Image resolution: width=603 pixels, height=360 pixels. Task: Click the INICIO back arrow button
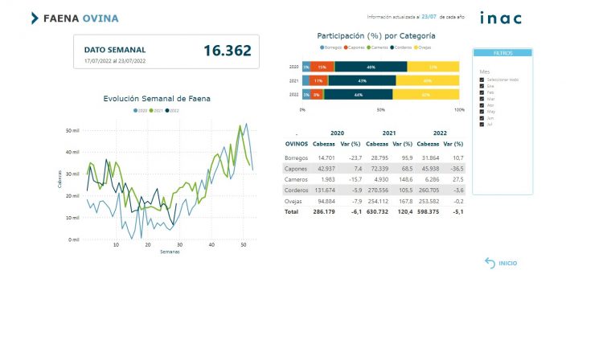click(490, 263)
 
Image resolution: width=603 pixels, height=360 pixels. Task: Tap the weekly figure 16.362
click(227, 51)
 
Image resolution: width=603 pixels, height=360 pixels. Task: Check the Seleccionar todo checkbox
click(482, 80)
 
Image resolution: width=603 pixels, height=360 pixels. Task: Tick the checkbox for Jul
click(482, 125)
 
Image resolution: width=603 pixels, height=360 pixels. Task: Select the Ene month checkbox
click(482, 86)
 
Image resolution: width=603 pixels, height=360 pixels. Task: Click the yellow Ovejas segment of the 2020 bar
click(433, 67)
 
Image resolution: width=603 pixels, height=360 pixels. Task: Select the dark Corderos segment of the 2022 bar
click(357, 95)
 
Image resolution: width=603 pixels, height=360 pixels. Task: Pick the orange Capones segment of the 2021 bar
click(318, 80)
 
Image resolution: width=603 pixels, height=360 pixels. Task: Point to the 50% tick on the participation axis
click(380, 109)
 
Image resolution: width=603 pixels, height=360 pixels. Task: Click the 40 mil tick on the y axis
click(72, 152)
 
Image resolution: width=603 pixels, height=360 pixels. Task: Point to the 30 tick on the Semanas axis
click(179, 244)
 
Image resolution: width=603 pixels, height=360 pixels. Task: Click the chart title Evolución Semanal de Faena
click(157, 98)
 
